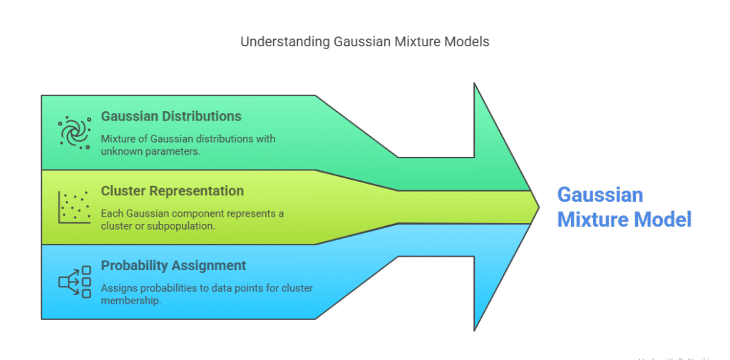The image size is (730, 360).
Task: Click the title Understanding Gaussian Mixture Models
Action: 364,41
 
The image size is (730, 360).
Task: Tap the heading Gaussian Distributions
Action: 171,116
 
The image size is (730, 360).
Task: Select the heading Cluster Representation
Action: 173,191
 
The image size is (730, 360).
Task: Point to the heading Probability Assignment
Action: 173,266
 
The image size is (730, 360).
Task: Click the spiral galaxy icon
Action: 74,132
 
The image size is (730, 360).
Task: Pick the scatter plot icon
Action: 74,207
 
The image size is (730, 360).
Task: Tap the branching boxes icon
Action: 74,282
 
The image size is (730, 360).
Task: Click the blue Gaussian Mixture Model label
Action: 624,207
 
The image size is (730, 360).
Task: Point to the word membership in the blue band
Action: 130,301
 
